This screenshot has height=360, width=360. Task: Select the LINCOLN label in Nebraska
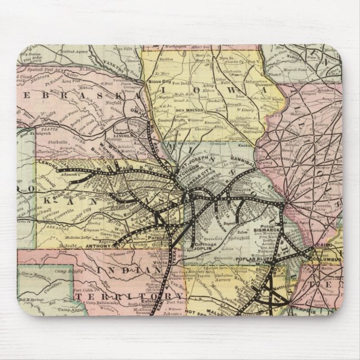[121, 135]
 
